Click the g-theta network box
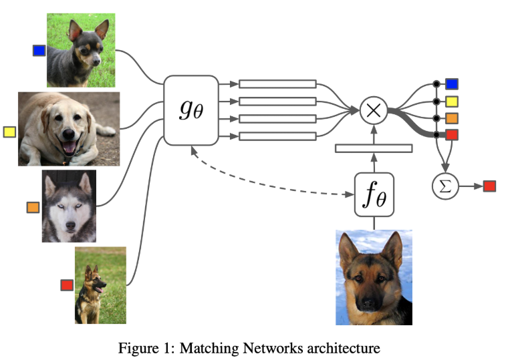[191, 110]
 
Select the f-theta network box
[374, 195]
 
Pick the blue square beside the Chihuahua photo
[39, 50]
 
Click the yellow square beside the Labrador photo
[9, 132]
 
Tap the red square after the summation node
[489, 186]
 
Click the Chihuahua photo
[80, 50]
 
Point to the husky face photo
[69, 206]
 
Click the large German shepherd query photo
[374, 277]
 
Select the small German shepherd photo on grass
[100, 285]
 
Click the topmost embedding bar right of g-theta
[277, 84]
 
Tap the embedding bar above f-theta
[374, 148]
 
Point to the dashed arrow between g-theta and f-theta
[274, 178]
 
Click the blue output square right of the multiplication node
[452, 84]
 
